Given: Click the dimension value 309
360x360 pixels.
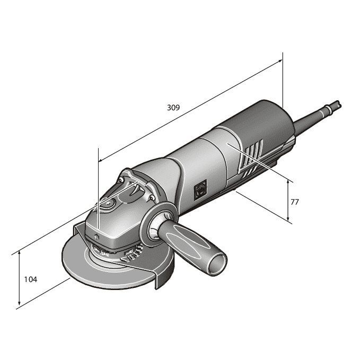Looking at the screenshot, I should point(173,107).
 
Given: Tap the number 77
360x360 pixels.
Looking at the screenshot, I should point(296,202).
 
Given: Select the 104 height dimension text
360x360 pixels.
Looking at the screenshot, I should point(30,279).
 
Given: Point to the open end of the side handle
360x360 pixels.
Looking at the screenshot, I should point(217,263).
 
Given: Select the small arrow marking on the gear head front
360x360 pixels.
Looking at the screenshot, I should point(97,232).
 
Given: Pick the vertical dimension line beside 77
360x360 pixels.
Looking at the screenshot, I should point(288,201).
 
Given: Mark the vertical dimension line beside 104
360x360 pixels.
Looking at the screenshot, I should point(19,279).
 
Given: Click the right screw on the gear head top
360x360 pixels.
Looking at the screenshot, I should point(153,198).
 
